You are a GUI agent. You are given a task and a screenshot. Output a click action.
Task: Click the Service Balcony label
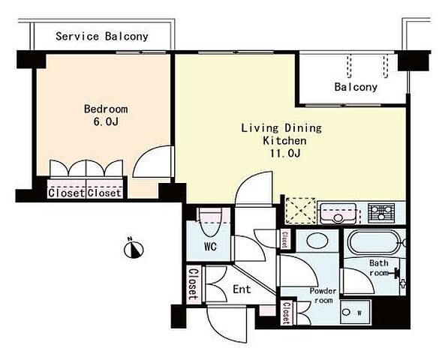pos(102,36)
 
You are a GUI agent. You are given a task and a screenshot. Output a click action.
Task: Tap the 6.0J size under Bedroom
pos(106,121)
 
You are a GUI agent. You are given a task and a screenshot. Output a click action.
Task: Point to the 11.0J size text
pos(285,154)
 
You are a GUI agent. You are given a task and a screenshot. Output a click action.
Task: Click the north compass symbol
pos(134,248)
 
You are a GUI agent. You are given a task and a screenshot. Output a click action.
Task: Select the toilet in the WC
pos(210,222)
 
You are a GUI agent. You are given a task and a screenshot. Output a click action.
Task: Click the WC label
pos(210,247)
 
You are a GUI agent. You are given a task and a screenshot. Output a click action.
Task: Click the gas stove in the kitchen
pos(381,213)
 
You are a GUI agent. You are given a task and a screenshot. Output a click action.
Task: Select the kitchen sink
pos(338,213)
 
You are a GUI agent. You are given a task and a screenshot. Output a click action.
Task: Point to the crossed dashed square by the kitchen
pos(300,211)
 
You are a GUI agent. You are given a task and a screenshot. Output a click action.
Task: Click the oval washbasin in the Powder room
pos(317,241)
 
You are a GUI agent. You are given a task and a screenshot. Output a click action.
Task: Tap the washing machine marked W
pos(356,312)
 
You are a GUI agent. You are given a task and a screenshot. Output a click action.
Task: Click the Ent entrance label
pos(242,289)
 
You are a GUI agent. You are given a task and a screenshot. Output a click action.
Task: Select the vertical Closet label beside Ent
pos(194,284)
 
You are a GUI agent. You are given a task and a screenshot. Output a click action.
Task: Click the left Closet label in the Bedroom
pos(66,193)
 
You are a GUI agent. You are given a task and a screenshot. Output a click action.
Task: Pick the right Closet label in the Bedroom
pos(104,193)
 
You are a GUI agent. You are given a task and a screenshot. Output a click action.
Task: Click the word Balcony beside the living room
pos(356,87)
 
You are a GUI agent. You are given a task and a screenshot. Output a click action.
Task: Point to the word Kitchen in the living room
pos(284,141)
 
